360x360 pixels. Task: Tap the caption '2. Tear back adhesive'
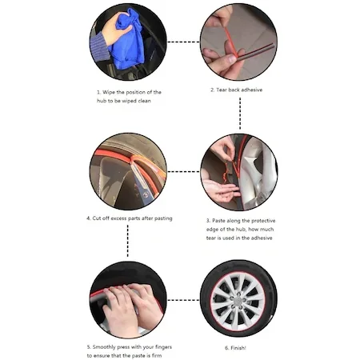(x=236, y=90)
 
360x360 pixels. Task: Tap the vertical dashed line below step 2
(x=239, y=113)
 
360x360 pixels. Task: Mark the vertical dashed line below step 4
(x=127, y=242)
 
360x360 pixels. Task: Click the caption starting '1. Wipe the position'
(x=128, y=96)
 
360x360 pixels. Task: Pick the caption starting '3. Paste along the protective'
(x=240, y=228)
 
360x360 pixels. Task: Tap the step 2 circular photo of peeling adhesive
(x=238, y=42)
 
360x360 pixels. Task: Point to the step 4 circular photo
(x=128, y=171)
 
